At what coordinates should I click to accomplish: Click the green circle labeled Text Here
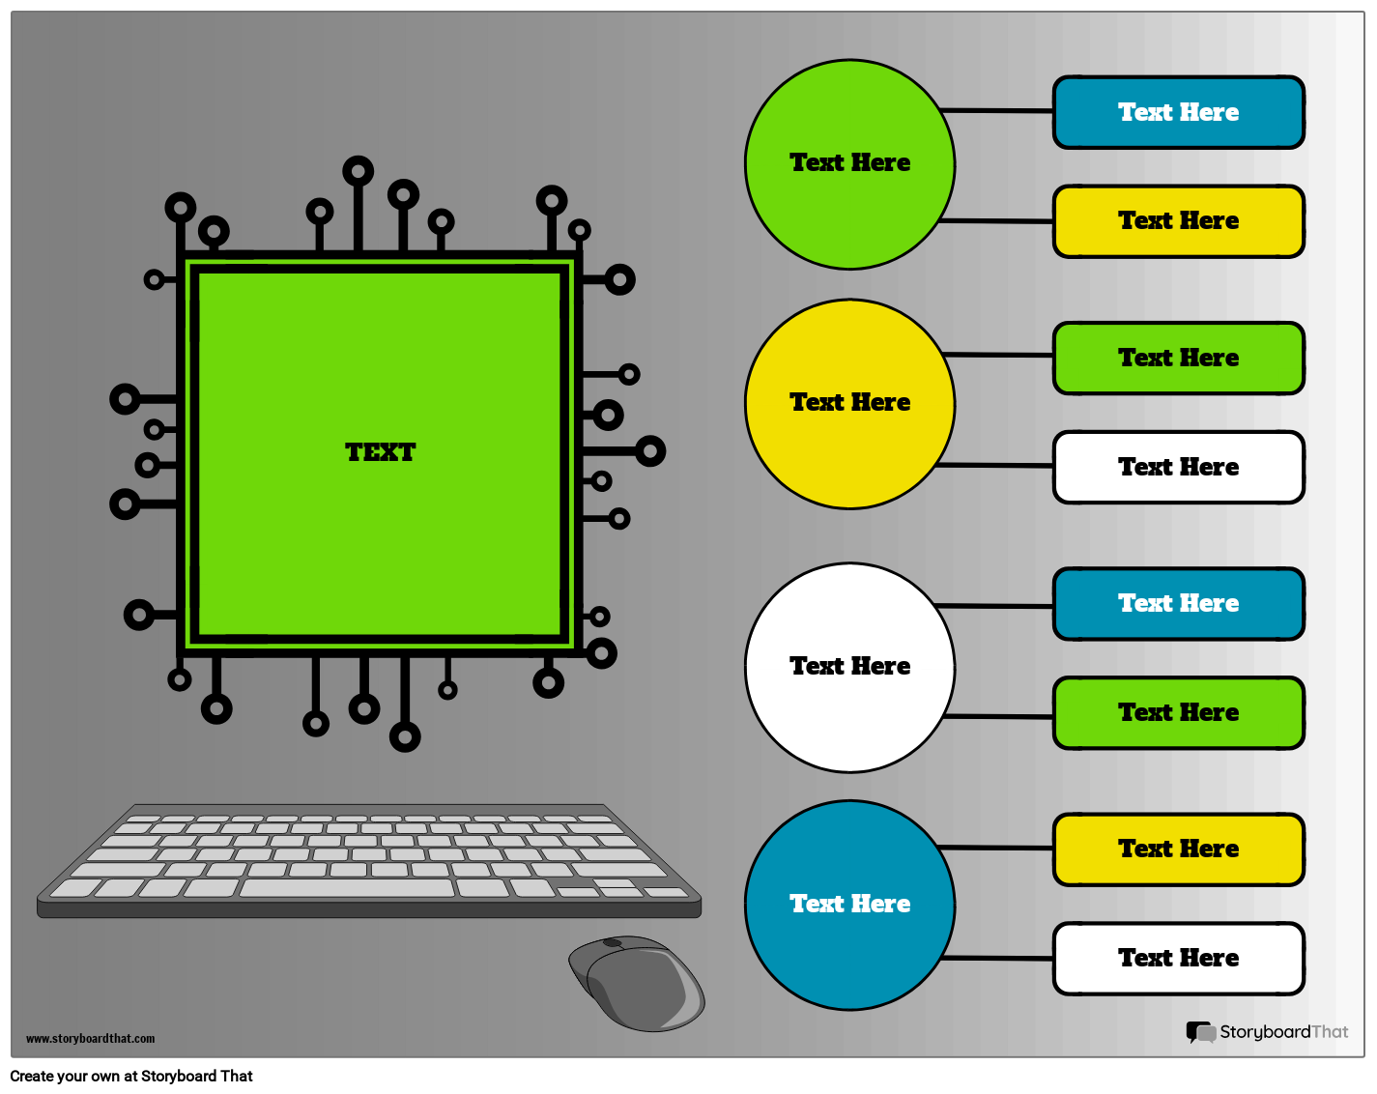click(x=849, y=164)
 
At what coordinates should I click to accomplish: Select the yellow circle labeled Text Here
click(x=849, y=403)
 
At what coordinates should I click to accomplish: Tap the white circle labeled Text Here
click(x=849, y=667)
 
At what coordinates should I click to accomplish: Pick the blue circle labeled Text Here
click(x=849, y=905)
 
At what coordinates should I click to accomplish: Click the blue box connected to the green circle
click(x=1178, y=112)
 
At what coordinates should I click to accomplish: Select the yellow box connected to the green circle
click(x=1178, y=221)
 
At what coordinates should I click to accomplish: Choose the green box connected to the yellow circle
click(x=1178, y=359)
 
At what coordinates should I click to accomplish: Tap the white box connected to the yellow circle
click(x=1178, y=468)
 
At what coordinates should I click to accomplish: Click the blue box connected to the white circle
click(x=1178, y=604)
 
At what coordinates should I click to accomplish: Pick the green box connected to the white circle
click(x=1178, y=713)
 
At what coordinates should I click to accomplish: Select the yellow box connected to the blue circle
click(x=1178, y=849)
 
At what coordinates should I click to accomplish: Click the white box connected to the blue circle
click(x=1178, y=959)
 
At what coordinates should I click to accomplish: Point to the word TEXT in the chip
click(x=380, y=452)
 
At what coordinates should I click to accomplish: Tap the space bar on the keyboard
click(x=346, y=888)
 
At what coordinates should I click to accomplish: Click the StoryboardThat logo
click(x=1267, y=1032)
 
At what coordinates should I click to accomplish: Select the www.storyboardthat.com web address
click(x=90, y=1039)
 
